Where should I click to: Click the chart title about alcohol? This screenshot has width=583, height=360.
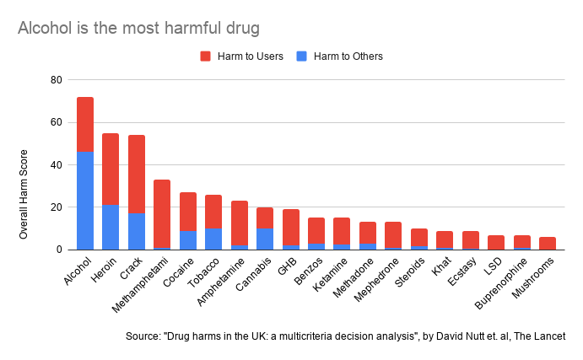138,29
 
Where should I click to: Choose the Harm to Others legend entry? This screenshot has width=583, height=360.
338,56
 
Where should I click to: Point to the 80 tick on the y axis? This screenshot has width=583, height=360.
57,80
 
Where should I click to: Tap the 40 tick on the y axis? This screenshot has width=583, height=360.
57,165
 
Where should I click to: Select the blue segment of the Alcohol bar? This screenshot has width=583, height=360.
85,201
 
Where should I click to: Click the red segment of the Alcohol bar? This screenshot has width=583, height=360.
85,124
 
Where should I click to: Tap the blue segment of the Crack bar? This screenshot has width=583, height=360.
137,232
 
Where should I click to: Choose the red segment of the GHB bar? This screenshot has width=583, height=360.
290,227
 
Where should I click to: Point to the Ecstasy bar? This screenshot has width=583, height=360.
470,240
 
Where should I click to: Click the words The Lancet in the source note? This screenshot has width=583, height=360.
537,336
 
